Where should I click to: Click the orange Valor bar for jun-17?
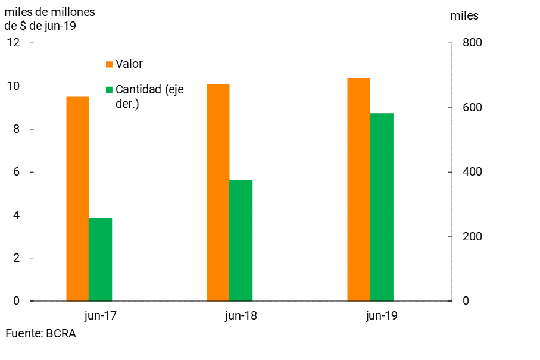pyautogui.click(x=77, y=199)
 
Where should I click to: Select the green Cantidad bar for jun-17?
pyautogui.click(x=100, y=259)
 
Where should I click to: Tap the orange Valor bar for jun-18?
pyautogui.click(x=218, y=193)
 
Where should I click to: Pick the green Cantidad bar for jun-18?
pyautogui.click(x=241, y=240)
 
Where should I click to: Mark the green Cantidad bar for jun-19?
pyautogui.click(x=382, y=207)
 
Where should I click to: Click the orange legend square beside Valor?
pyautogui.click(x=109, y=64)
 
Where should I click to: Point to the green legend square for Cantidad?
pyautogui.click(x=109, y=90)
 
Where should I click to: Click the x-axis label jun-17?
pyautogui.click(x=100, y=316)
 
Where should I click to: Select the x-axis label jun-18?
pyautogui.click(x=241, y=316)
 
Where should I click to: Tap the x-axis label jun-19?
pyautogui.click(x=381, y=316)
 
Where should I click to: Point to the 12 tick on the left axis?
pyautogui.click(x=13, y=43)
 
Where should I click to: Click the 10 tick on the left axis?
pyautogui.click(x=13, y=86)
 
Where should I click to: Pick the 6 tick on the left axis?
pyautogui.click(x=16, y=172)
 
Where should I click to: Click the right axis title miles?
pyautogui.click(x=464, y=16)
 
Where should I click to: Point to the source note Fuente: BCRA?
pyautogui.click(x=40, y=334)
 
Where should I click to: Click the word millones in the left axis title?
pyautogui.click(x=74, y=12)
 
